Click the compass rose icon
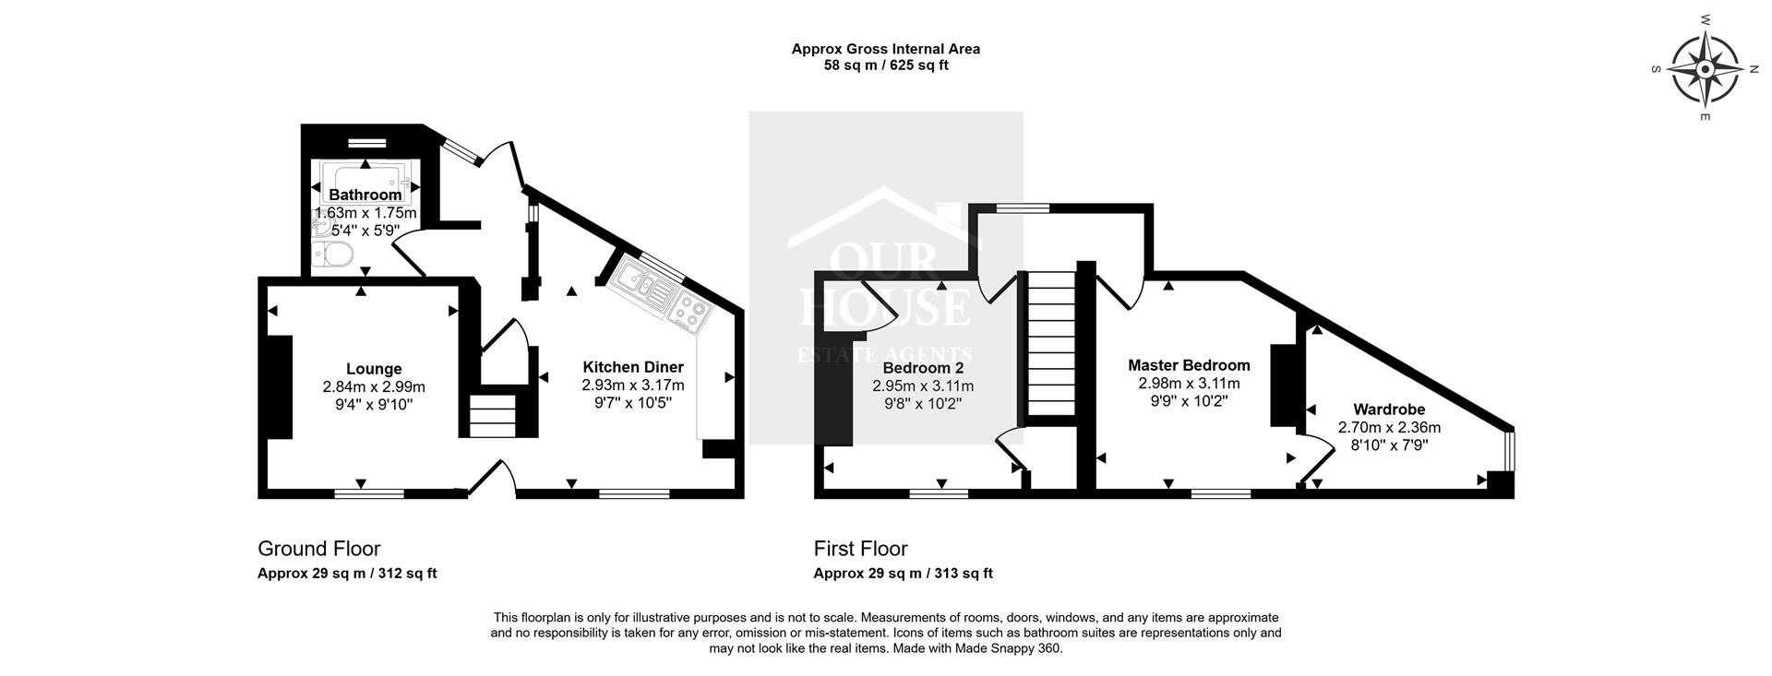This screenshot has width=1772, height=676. [x=1705, y=70]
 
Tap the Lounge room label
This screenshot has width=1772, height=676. [x=374, y=369]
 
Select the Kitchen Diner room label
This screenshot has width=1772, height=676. [x=632, y=367]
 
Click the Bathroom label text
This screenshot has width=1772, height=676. [x=365, y=195]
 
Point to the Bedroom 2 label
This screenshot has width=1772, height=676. [x=923, y=368]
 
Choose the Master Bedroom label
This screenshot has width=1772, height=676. [x=1189, y=365]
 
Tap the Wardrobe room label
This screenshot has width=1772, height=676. [x=1389, y=409]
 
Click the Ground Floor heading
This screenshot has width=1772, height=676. [x=318, y=549]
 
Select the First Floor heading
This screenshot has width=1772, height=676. [x=860, y=549]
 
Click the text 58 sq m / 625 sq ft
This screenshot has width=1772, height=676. [x=885, y=65]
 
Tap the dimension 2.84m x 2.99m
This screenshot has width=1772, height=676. [x=374, y=386]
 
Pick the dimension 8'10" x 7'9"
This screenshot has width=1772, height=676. [x=1389, y=445]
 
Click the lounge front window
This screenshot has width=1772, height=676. [x=369, y=493]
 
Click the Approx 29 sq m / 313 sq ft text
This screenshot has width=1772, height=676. [x=903, y=573]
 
